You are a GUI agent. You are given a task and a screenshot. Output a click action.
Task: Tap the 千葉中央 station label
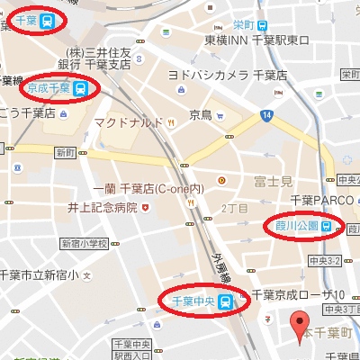(x=194, y=300)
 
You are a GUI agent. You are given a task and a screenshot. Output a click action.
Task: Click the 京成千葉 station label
(x=49, y=87)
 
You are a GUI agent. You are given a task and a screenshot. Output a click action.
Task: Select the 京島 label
(x=200, y=114)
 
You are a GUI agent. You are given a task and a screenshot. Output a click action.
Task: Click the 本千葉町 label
(x=328, y=333)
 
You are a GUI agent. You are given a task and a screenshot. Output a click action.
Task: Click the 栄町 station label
(x=242, y=24)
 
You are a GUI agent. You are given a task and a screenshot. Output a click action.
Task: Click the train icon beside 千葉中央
(x=227, y=301)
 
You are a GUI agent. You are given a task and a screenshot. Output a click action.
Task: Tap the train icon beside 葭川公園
(x=327, y=225)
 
